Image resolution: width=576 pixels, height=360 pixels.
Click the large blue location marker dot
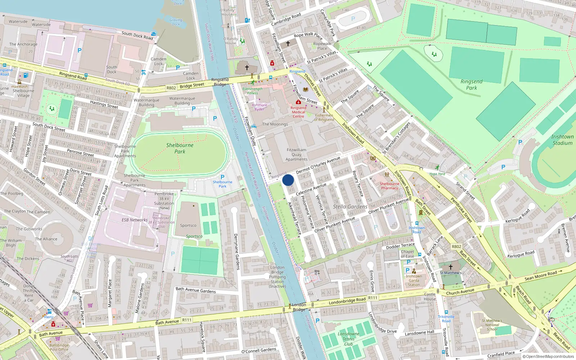288,180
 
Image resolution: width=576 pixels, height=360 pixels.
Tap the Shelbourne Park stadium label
180,148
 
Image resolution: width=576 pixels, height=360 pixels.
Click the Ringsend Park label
471,85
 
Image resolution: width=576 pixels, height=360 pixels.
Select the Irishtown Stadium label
562,140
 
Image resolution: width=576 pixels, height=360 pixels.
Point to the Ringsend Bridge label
220,82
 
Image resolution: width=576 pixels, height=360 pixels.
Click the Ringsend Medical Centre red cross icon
298,102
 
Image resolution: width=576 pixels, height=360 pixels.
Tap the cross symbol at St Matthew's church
450,267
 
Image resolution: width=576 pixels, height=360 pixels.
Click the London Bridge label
299,307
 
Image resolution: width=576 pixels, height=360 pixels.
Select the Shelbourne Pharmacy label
390,186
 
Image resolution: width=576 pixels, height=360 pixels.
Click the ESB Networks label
135,220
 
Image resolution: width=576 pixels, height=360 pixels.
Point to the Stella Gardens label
350,207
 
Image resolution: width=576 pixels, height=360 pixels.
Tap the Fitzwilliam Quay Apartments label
297,154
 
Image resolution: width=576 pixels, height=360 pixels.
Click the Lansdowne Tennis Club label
348,339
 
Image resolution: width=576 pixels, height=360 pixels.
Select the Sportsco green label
194,237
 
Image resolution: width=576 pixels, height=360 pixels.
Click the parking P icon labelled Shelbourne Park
222,177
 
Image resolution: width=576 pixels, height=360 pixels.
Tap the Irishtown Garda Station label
414,280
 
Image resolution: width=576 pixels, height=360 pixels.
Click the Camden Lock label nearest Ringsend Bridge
190,76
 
